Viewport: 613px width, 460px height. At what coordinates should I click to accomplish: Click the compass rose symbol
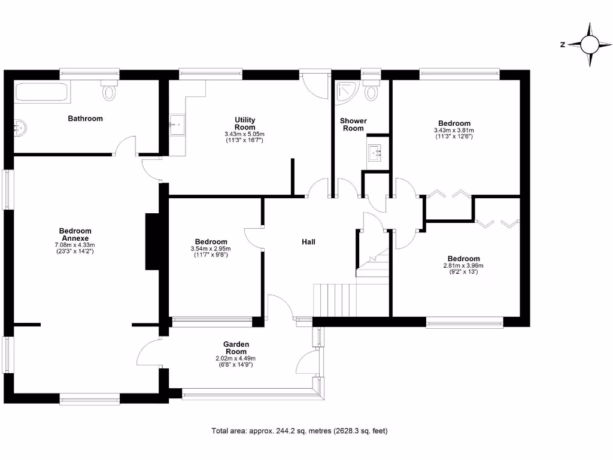(590, 44)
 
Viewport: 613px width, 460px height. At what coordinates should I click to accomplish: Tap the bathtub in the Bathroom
(41, 93)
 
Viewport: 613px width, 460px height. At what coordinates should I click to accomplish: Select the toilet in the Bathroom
(109, 90)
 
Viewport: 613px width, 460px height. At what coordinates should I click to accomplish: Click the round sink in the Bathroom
(20, 127)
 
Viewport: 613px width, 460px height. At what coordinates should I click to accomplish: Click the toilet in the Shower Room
(372, 91)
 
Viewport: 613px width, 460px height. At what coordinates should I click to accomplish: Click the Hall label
(308, 242)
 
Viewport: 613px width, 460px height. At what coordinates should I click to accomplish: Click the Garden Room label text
(236, 348)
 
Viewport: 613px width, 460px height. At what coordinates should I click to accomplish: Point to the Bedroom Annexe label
(75, 234)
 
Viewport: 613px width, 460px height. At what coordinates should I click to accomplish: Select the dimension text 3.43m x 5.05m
(244, 134)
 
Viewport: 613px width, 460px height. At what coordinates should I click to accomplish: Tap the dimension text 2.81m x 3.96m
(463, 265)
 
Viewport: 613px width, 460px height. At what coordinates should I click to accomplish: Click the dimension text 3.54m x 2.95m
(210, 249)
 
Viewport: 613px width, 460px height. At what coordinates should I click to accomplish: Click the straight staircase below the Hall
(335, 299)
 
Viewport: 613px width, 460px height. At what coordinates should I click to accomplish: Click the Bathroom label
(85, 119)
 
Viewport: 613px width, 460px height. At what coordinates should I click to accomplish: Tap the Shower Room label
(353, 125)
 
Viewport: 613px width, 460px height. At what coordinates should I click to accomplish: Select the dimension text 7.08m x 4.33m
(75, 244)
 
